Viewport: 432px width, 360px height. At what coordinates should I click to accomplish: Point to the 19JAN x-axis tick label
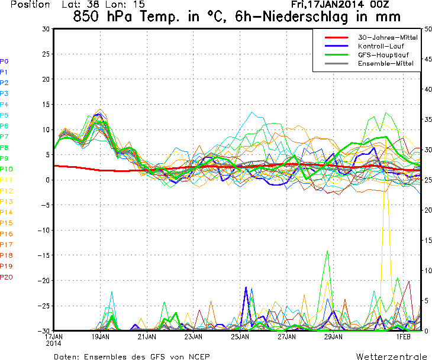100,336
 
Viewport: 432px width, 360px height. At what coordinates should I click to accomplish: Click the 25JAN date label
240,336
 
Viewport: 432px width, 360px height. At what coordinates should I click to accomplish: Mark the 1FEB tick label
404,336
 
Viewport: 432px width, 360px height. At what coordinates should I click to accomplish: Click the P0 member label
4,61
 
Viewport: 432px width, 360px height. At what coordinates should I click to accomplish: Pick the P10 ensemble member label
6,169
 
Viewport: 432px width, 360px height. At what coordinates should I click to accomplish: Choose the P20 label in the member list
6,277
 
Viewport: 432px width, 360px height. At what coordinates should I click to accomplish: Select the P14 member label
6,212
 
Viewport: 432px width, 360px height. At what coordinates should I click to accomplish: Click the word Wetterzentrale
391,356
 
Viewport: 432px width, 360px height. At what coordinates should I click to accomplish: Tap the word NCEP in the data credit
196,356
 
